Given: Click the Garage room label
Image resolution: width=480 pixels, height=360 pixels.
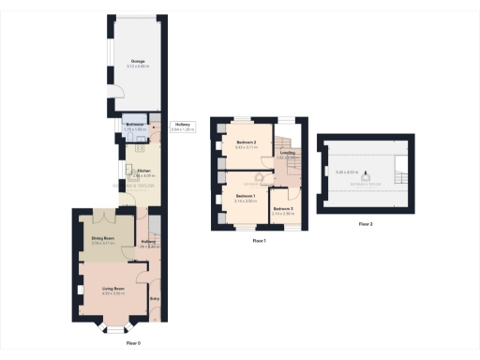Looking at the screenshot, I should tap(137, 60).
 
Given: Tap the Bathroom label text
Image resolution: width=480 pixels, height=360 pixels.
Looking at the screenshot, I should tap(134, 126).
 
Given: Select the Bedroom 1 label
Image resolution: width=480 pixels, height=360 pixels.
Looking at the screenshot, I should tap(247, 196).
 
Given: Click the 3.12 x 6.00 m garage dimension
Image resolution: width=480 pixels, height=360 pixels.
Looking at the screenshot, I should tap(137, 66).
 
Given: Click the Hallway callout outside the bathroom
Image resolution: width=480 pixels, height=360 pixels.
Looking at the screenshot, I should tap(182, 126).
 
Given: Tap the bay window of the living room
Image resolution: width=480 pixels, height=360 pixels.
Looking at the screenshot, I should tap(115, 331).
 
